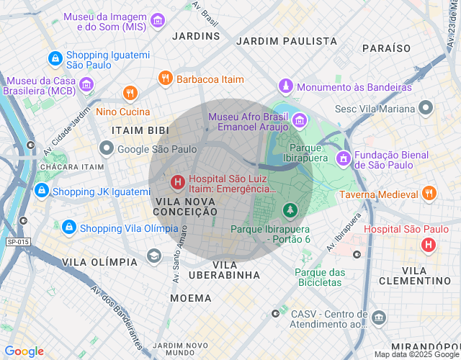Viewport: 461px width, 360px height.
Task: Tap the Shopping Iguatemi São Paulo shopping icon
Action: point(54,58)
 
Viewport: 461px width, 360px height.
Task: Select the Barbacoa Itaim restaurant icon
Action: point(165,78)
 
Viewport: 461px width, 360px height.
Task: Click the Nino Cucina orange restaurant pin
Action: point(130,93)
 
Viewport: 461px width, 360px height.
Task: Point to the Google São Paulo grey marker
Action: point(107,149)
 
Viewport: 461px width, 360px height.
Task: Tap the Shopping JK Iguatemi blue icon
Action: point(42,191)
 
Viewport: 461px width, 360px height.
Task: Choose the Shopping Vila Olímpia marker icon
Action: point(68,228)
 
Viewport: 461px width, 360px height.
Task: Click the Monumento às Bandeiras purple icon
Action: point(286,86)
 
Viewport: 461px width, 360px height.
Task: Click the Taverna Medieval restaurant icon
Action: point(429,194)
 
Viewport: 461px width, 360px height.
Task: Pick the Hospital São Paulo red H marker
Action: point(429,245)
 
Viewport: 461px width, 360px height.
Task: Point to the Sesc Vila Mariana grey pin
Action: point(426,109)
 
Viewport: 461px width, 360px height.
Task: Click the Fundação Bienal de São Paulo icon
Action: point(344,158)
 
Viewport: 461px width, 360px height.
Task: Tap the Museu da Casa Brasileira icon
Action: point(87,86)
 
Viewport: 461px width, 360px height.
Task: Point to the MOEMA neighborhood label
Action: point(190,297)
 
